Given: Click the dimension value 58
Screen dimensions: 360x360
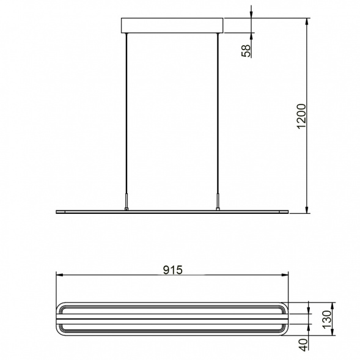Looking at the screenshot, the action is pyautogui.click(x=246, y=51).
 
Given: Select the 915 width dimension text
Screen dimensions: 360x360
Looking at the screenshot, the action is pyautogui.click(x=172, y=270).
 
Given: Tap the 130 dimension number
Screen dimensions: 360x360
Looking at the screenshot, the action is pyautogui.click(x=327, y=320).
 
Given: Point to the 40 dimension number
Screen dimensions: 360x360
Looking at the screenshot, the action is pyautogui.click(x=304, y=345).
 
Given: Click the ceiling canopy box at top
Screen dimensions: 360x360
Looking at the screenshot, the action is pyautogui.click(x=172, y=26).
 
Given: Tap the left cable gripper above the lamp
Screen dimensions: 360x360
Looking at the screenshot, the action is pyautogui.click(x=126, y=202).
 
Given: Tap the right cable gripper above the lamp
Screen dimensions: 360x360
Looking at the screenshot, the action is pyautogui.click(x=218, y=202).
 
